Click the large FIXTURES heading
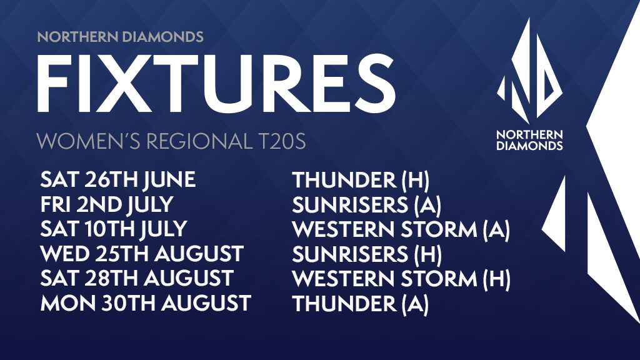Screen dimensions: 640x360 tap(216, 83)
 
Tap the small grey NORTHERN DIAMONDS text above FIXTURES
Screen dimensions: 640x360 tap(121, 37)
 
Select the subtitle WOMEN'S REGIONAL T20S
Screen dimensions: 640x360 tap(171, 141)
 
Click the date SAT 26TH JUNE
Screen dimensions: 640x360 tap(118, 180)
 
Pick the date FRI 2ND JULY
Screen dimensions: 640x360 tap(107, 204)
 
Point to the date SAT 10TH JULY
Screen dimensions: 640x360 tap(114, 229)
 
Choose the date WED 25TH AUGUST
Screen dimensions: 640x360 tap(142, 254)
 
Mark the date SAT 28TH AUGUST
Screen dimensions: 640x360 tap(137, 278)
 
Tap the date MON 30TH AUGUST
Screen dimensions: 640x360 tap(146, 303)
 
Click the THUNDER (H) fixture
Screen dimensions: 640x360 tap(361, 181)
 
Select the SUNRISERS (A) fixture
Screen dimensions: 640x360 tap(366, 205)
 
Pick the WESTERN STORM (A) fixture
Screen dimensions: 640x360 tap(401, 229)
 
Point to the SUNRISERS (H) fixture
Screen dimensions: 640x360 tap(367, 254)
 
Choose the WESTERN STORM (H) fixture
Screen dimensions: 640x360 tap(401, 279)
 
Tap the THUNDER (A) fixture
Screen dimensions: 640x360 tap(361, 303)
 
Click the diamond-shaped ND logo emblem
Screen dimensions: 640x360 tap(529, 71)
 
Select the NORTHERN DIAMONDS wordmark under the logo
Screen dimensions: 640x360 tap(529, 140)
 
